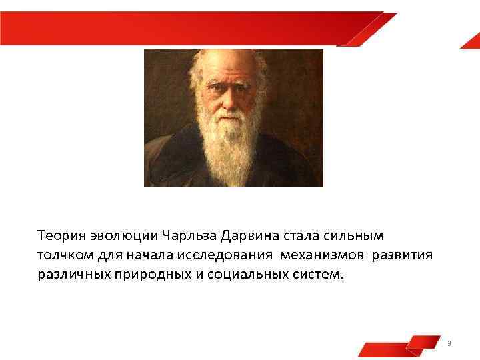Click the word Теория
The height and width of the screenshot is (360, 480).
(58, 235)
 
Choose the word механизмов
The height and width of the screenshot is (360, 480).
(323, 255)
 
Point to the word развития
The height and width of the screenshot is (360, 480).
(403, 255)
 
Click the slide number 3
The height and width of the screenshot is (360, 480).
(449, 343)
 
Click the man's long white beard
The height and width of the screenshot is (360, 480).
(233, 143)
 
